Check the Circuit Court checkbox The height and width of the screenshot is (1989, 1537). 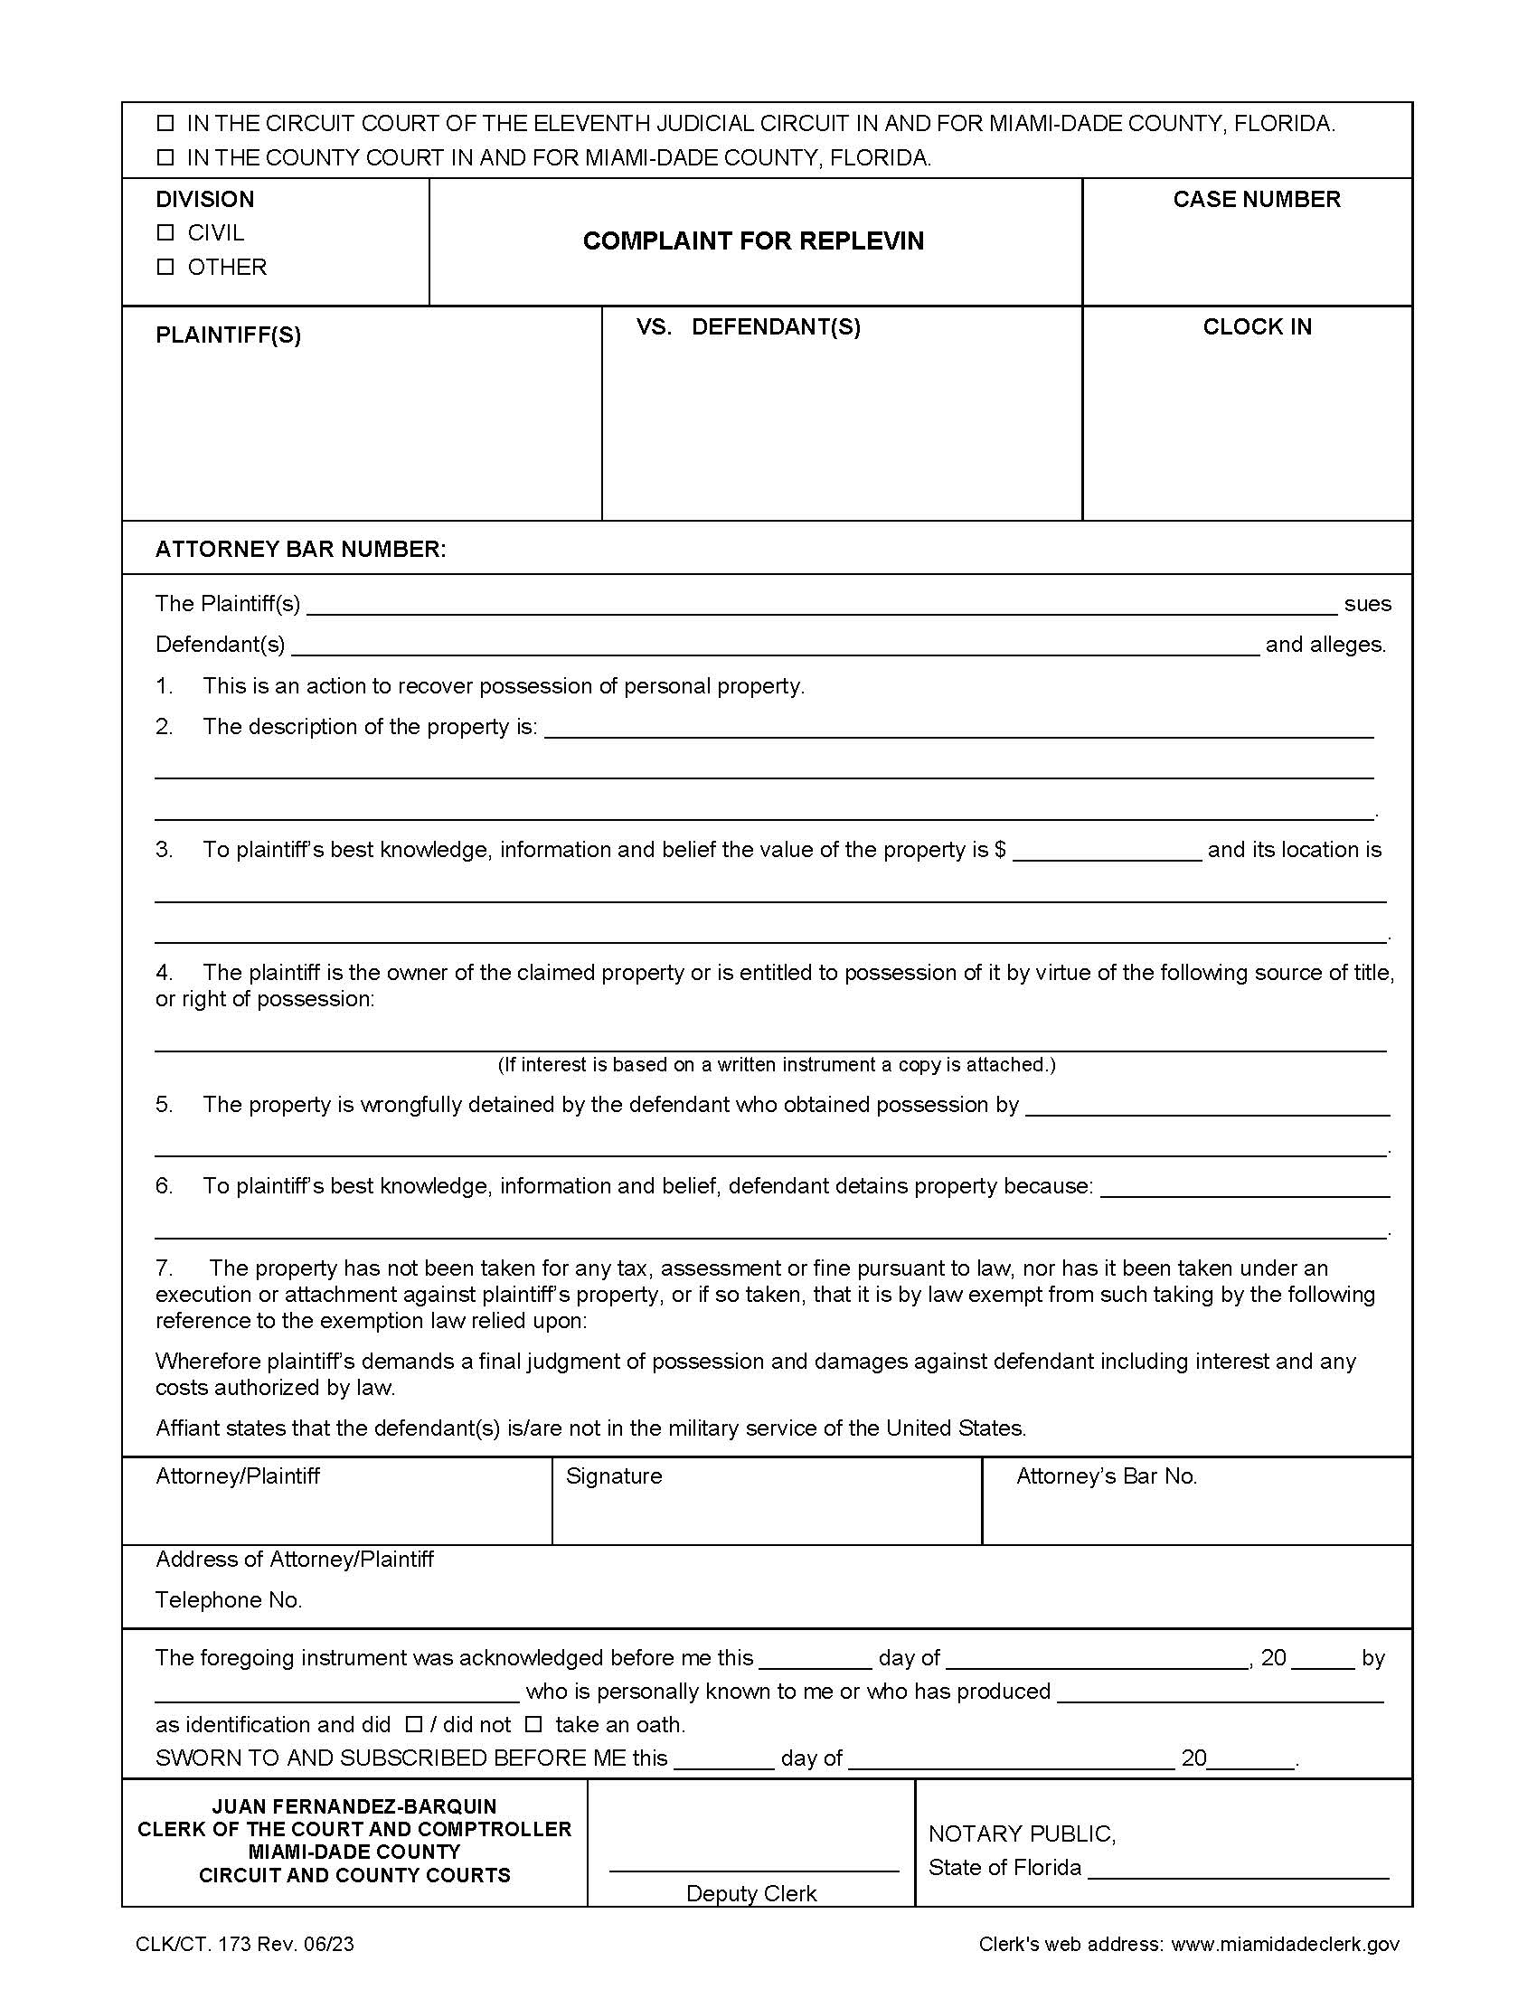tap(165, 124)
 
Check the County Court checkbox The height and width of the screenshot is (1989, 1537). tap(165, 158)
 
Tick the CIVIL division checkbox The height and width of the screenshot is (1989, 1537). tap(165, 233)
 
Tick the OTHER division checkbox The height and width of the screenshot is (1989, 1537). tap(165, 268)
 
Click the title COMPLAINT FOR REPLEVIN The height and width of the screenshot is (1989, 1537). tap(753, 241)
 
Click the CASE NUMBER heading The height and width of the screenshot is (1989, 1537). tap(1256, 200)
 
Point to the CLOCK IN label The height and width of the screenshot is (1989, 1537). tap(1257, 327)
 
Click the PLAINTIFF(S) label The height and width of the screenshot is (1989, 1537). tap(228, 335)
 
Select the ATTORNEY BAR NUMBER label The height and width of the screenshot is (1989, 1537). tap(300, 549)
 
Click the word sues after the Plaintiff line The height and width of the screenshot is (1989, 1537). tap(1367, 604)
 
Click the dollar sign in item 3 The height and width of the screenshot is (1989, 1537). tap(1000, 850)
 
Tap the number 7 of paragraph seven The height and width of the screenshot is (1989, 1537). tap(163, 1268)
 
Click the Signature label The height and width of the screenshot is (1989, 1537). tap(614, 1476)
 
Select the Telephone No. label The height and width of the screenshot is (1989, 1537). tap(229, 1600)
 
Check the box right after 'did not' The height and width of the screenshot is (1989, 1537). tap(534, 1724)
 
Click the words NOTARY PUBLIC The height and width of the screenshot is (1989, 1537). tap(1021, 1833)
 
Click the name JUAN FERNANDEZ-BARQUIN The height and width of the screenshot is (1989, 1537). tap(354, 1806)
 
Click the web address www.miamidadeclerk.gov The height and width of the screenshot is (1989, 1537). tap(1285, 1945)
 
